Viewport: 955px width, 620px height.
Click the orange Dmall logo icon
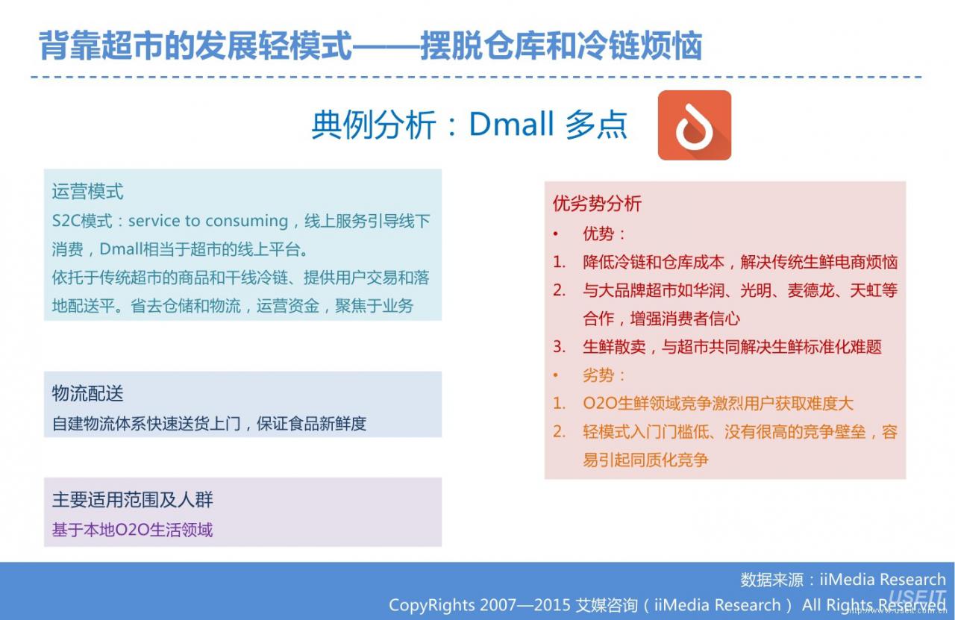point(695,125)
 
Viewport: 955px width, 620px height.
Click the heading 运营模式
point(87,192)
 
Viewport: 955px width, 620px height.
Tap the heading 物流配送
point(87,393)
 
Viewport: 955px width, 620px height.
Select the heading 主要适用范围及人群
point(132,499)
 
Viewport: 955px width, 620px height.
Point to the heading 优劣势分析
point(597,204)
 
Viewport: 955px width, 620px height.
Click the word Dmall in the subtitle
point(511,124)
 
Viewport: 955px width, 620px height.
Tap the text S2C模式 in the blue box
point(82,221)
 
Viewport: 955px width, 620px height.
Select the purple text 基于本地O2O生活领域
point(132,530)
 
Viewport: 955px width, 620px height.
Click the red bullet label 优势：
point(604,234)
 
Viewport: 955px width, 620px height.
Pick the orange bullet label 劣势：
point(604,375)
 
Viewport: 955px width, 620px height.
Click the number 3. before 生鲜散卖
point(560,347)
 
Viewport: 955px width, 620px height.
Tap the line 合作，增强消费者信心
point(661,319)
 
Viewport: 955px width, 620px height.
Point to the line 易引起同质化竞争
point(645,460)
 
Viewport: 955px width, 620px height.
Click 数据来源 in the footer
point(771,580)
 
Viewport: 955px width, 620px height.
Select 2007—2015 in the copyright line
point(525,604)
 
